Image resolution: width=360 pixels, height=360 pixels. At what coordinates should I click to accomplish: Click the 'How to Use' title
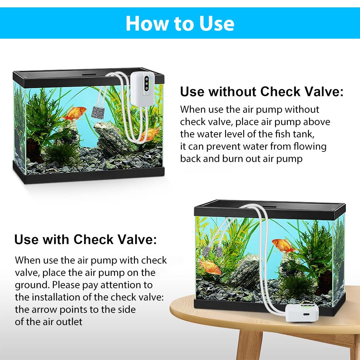180,23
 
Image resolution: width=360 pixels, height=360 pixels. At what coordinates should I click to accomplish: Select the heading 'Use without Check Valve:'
262,92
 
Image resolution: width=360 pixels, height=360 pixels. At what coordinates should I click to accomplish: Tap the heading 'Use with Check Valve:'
85,239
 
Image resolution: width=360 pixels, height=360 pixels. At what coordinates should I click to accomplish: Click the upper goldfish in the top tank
75,113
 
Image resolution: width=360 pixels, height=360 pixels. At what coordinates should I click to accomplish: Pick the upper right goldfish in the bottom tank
283,245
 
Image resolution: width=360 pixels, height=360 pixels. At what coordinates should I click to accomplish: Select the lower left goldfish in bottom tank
210,267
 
